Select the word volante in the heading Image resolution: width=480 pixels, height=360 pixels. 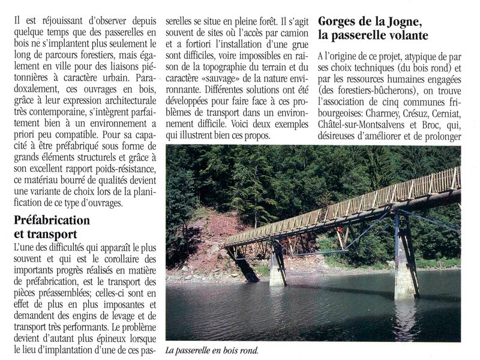click(x=408, y=37)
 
